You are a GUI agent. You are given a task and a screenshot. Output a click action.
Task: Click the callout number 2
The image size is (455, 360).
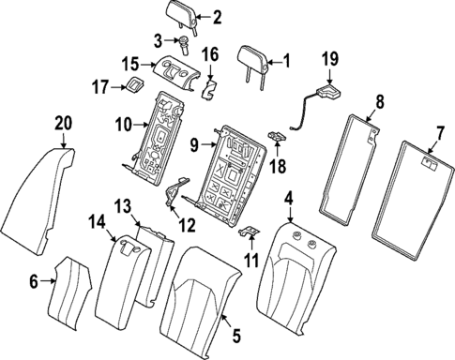(x=218, y=16)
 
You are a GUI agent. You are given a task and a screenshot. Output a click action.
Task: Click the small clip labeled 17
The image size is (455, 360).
(x=134, y=87)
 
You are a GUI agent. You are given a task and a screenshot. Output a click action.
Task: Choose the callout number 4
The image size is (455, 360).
(x=289, y=199)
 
